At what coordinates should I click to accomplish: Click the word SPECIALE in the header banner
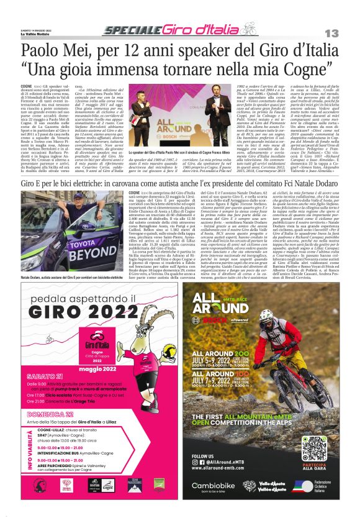132,30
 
